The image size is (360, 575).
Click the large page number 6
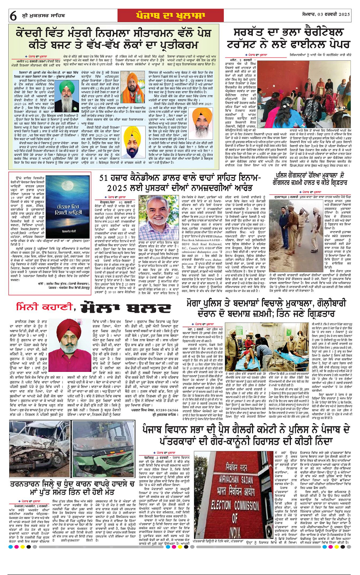[x=13, y=16]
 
